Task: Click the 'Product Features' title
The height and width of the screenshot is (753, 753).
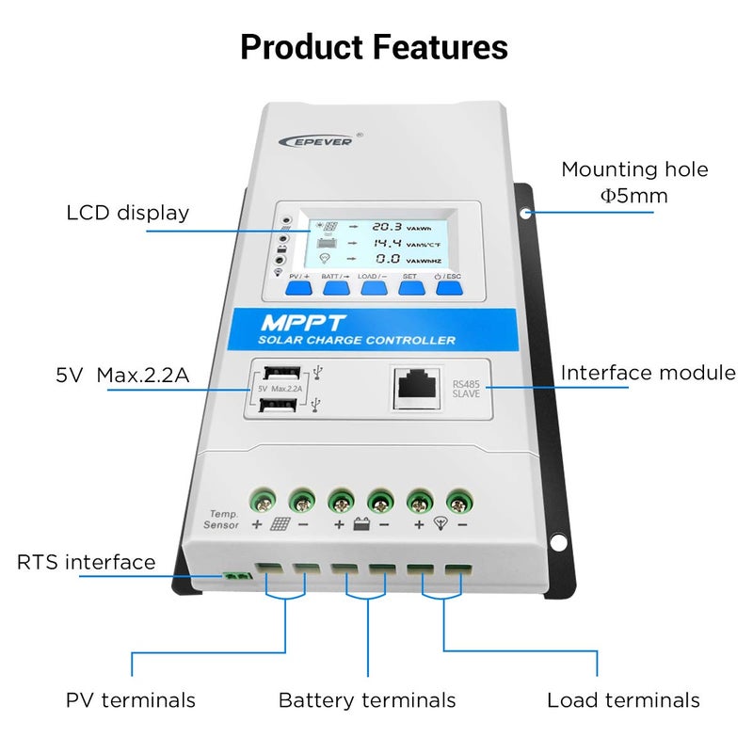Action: click(374, 47)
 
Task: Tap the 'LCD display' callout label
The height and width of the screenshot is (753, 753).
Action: click(128, 213)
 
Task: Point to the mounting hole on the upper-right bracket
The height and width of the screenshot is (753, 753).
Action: click(529, 213)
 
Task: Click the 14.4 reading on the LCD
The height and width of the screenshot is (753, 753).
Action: click(386, 242)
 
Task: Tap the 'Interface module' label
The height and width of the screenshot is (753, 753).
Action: click(648, 373)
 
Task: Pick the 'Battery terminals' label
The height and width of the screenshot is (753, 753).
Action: click(366, 700)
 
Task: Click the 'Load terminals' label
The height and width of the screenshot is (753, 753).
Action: click(623, 700)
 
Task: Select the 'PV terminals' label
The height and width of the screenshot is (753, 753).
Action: click(131, 700)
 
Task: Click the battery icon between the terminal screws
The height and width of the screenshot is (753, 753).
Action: click(361, 525)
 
